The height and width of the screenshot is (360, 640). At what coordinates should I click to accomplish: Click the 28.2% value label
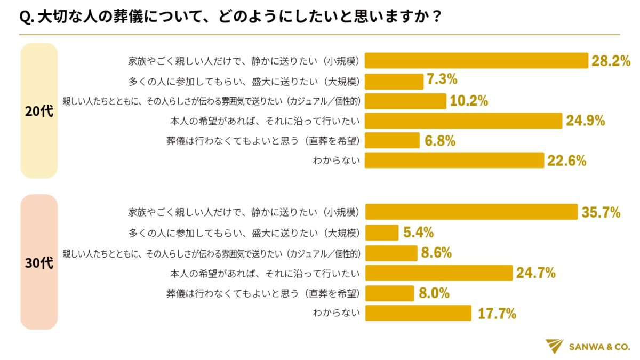click(611, 61)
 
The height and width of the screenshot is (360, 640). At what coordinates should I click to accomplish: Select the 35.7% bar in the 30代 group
click(471, 212)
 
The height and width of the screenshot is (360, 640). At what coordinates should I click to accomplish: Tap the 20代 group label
click(39, 111)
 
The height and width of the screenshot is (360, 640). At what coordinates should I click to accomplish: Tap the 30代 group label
click(39, 262)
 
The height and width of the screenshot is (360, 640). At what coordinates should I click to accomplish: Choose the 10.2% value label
click(469, 101)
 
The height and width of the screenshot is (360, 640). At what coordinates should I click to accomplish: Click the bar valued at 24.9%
click(463, 121)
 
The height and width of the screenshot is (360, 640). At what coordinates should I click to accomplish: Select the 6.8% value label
click(439, 141)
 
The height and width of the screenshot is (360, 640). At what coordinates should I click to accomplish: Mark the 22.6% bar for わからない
click(454, 161)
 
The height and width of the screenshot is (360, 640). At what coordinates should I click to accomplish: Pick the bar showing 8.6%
click(391, 253)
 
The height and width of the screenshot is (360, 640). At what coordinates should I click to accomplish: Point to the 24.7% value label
click(536, 273)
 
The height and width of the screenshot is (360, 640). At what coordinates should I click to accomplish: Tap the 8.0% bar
click(389, 293)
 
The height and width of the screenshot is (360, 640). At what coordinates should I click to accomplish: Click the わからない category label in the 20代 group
click(337, 161)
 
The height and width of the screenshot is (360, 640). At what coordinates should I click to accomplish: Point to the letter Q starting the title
click(25, 18)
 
